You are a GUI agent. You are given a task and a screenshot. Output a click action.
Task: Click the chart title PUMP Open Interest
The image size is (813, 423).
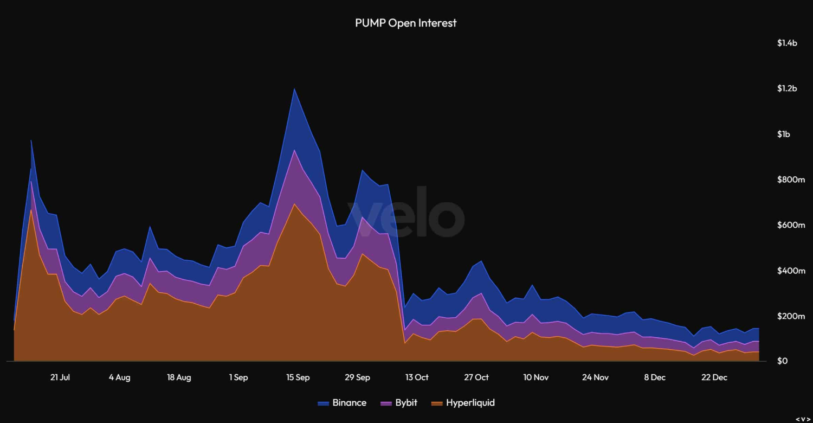(405, 23)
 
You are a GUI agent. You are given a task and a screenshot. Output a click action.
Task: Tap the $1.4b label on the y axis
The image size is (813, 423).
(787, 43)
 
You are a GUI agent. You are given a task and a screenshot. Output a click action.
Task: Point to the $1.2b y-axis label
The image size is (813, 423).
(787, 88)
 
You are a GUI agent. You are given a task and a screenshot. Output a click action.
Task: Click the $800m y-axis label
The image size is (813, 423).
(791, 180)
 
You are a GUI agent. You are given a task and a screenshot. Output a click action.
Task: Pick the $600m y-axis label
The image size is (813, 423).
(791, 225)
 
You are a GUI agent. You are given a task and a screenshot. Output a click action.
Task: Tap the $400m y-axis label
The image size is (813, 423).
(791, 271)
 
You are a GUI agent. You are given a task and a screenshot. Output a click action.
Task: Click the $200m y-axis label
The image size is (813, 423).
(791, 316)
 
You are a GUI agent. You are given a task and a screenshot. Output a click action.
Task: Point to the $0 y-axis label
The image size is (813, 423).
(783, 361)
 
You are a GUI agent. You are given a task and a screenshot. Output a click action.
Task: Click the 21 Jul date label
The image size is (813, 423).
(60, 377)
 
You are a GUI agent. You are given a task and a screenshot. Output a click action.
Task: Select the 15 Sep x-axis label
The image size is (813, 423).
(298, 377)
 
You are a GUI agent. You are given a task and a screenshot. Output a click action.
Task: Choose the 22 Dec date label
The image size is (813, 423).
(714, 377)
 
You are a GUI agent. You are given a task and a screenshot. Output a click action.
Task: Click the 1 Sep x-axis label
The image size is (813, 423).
(238, 377)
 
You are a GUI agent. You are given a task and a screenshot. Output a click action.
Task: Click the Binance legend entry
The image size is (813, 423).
(342, 403)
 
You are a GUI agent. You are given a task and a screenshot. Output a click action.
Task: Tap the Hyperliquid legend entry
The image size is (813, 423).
(463, 403)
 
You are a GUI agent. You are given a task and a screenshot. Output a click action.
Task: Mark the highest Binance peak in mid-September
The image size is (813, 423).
(294, 89)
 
